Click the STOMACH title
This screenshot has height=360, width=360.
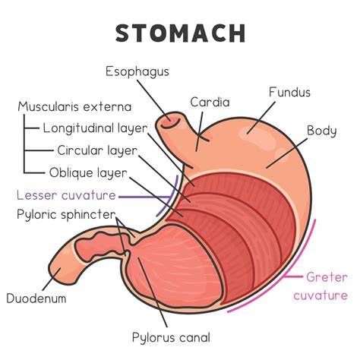[180, 33]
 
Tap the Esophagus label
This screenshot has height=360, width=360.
[137, 72]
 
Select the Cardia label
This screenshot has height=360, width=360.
[210, 103]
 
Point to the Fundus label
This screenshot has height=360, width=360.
[289, 92]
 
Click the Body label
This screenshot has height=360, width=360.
[322, 131]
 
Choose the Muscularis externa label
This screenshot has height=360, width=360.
[74, 107]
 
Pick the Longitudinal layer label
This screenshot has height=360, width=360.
[95, 129]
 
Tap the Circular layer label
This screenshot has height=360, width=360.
[97, 151]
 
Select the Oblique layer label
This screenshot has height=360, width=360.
[88, 173]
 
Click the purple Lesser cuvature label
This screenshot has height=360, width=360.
[66, 195]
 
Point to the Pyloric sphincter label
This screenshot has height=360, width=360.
[66, 215]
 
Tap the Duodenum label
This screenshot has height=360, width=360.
[36, 298]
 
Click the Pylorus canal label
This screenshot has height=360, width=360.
[171, 338]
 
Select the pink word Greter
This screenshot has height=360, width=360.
[327, 277]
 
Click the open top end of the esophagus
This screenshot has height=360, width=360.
[169, 121]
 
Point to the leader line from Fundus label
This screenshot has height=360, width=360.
[261, 118]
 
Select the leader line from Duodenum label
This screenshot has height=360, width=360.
[52, 279]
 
